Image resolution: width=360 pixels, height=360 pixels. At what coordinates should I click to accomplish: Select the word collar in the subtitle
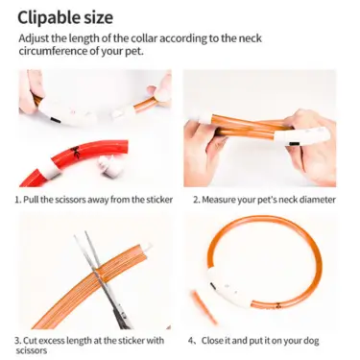tap(143, 38)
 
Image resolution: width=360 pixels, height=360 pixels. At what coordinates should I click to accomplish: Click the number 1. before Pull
tap(18, 200)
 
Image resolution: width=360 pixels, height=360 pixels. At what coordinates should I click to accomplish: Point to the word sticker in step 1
tap(159, 200)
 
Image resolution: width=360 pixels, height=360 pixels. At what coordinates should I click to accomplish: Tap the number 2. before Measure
tap(196, 200)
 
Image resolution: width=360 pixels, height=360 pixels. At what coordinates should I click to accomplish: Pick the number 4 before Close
tap(191, 341)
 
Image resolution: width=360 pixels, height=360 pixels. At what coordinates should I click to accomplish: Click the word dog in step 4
tap(311, 341)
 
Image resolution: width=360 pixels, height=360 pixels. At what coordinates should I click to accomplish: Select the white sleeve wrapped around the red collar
tap(51, 168)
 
